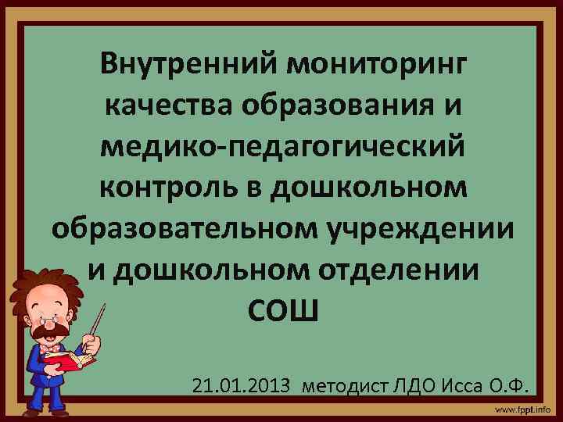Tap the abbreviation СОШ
tap(283, 312)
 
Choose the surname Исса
tap(461, 385)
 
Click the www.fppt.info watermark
tap(522, 409)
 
